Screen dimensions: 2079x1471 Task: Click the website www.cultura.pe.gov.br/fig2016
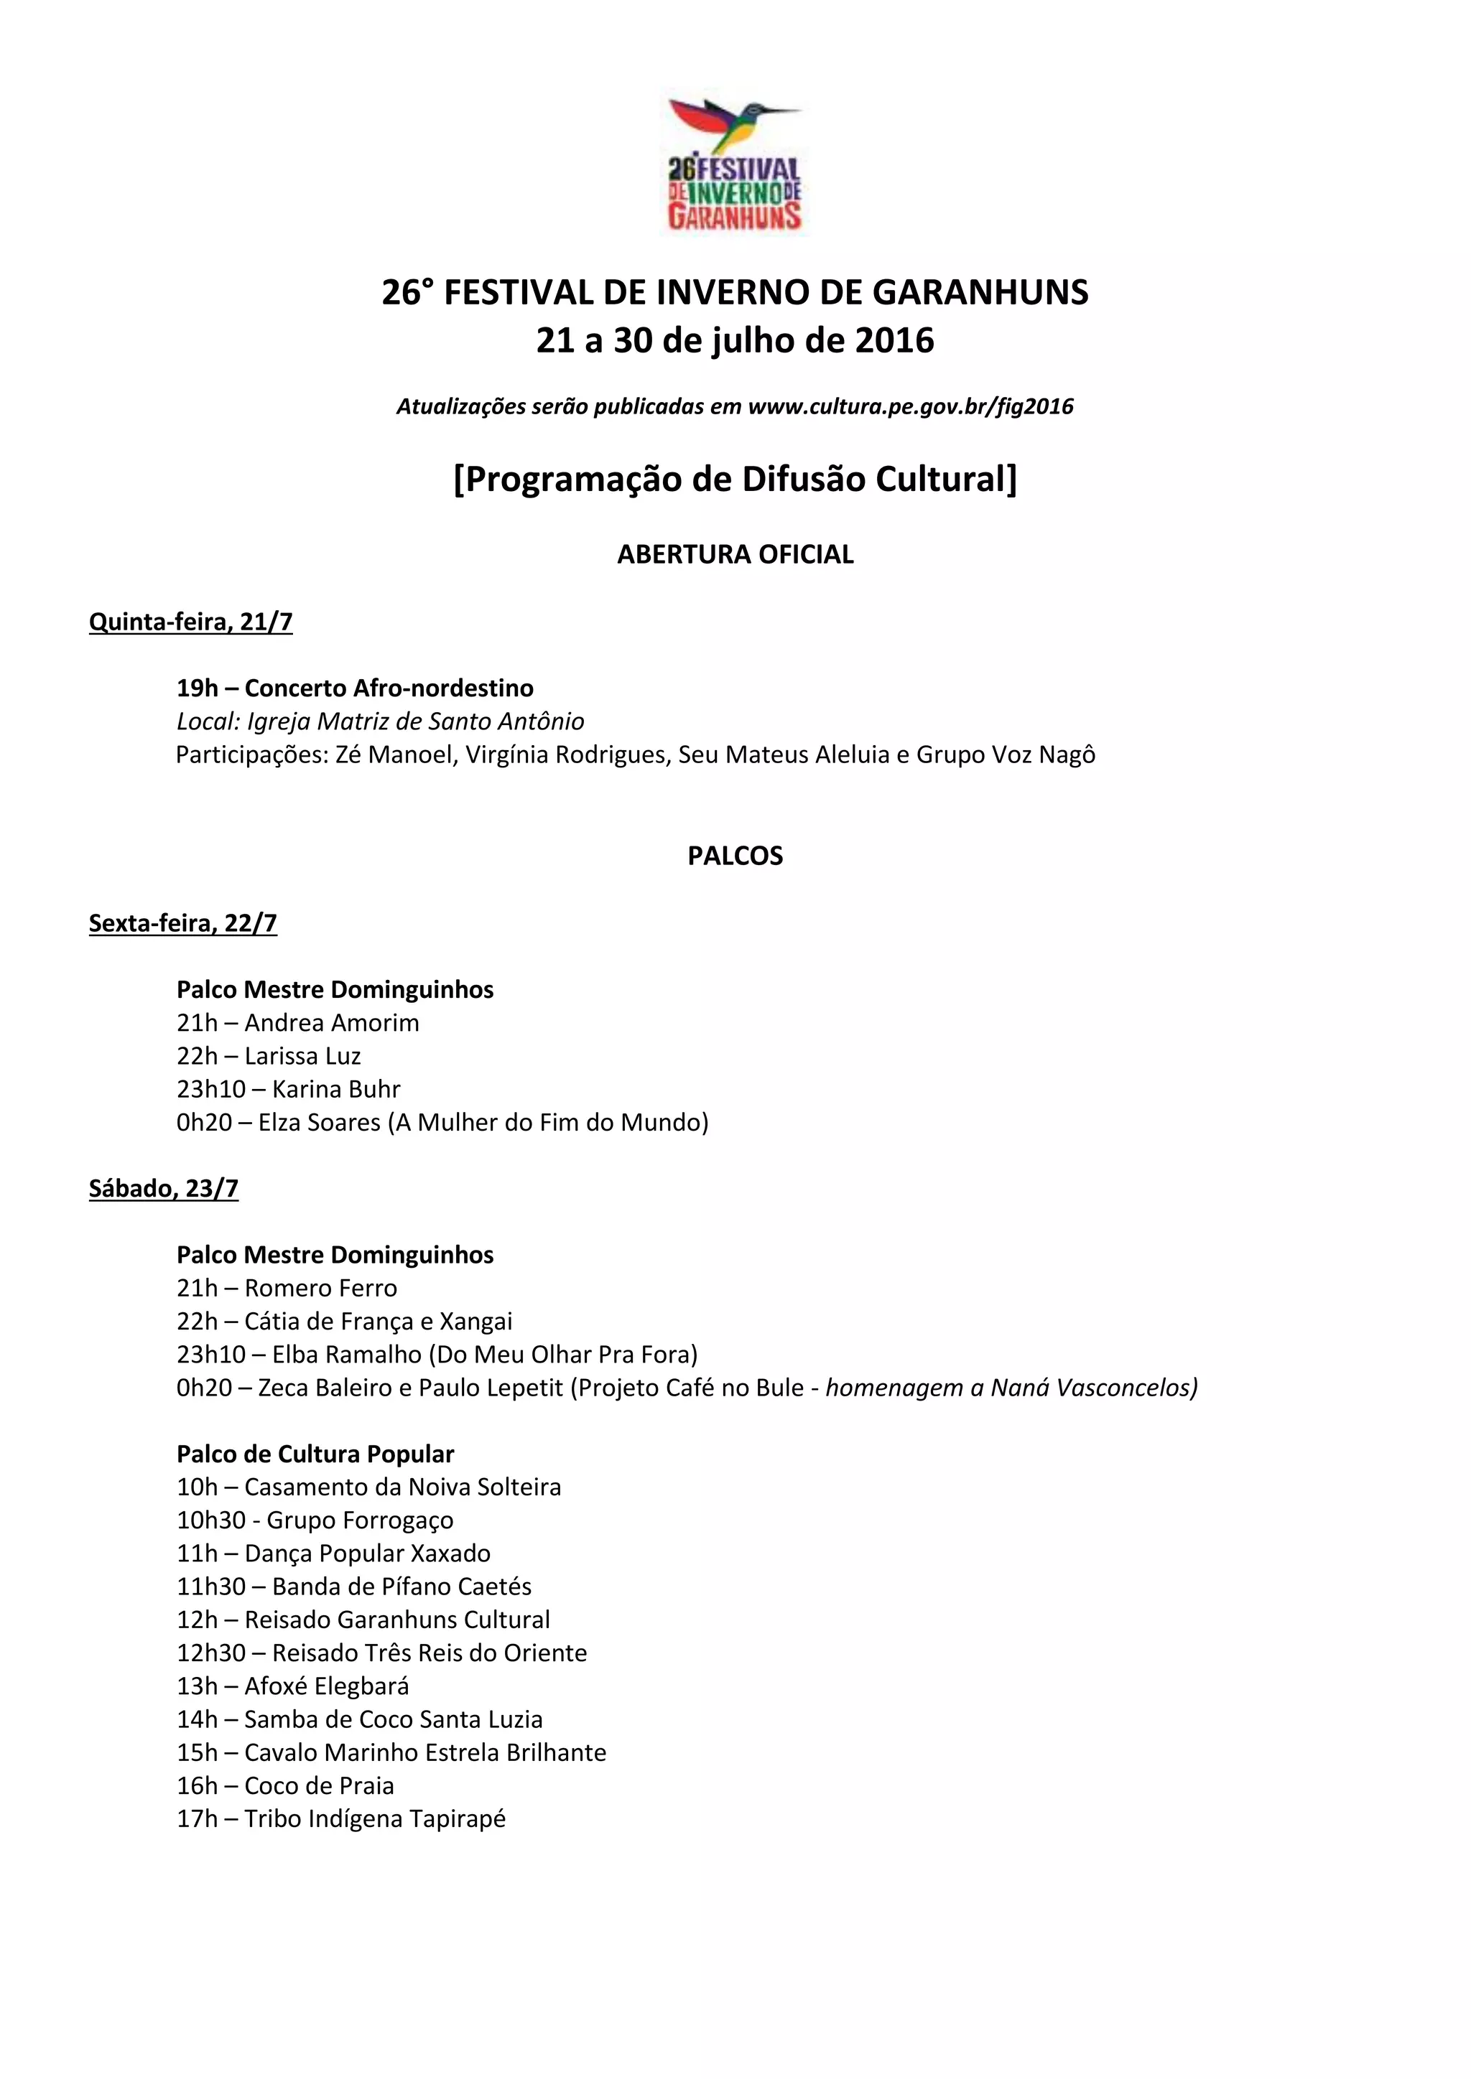(910, 406)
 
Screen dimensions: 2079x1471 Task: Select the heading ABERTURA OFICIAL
(735, 554)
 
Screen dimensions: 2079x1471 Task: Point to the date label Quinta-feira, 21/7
(190, 622)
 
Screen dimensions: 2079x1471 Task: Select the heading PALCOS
(735, 856)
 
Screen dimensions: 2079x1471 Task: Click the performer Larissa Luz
(302, 1056)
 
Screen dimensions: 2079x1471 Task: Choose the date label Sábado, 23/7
(163, 1188)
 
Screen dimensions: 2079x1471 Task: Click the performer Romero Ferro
(320, 1288)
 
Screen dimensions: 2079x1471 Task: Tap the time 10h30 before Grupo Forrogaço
(211, 1520)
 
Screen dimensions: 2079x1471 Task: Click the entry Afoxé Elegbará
(327, 1686)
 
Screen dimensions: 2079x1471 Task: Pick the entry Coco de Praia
(319, 1785)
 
